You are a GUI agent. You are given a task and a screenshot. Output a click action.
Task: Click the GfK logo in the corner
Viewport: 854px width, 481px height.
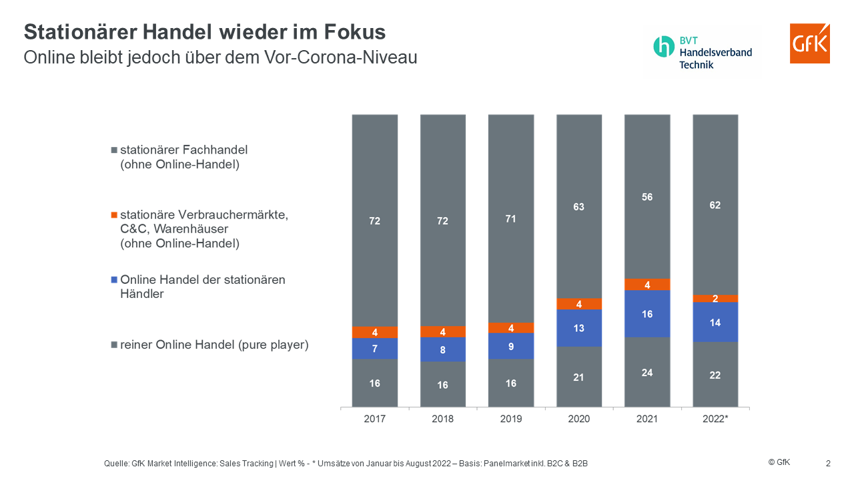pyautogui.click(x=809, y=43)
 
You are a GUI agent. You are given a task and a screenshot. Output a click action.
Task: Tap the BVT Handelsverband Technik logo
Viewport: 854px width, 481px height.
pyautogui.click(x=703, y=53)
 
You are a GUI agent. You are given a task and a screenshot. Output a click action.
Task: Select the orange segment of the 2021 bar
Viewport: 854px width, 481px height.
pyautogui.click(x=647, y=285)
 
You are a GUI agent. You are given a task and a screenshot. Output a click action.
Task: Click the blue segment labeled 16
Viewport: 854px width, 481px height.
pyautogui.click(x=647, y=314)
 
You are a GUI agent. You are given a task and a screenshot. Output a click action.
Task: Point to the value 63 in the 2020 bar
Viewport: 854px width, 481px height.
pyautogui.click(x=578, y=206)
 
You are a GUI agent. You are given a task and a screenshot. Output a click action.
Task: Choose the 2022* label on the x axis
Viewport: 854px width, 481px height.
pyautogui.click(x=715, y=419)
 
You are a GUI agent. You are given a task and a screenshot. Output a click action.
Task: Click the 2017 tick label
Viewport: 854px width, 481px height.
pyautogui.click(x=375, y=419)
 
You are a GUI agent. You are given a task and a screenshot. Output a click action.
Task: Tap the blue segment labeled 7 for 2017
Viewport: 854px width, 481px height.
pyautogui.click(x=375, y=349)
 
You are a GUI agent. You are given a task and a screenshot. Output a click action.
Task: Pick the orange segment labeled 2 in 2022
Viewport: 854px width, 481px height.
pyautogui.click(x=715, y=299)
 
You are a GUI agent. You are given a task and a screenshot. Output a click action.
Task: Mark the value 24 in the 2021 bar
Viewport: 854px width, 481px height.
pyautogui.click(x=647, y=373)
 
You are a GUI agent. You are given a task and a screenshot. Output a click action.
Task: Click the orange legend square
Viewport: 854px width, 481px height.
pyautogui.click(x=114, y=215)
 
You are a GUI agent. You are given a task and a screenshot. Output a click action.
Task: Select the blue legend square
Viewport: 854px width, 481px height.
pyautogui.click(x=114, y=280)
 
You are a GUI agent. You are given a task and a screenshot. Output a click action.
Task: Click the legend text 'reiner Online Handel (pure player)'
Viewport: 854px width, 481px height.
pyautogui.click(x=214, y=345)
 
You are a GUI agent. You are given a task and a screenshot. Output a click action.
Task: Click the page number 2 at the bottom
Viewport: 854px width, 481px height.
pyautogui.click(x=828, y=463)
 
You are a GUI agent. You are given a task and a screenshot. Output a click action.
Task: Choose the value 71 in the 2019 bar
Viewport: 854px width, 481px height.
pyautogui.click(x=510, y=219)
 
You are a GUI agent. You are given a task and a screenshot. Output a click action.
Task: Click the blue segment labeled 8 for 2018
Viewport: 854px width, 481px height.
pyautogui.click(x=443, y=349)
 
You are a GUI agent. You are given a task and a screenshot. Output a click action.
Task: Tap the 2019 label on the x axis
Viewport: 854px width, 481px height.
pyautogui.click(x=510, y=419)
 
